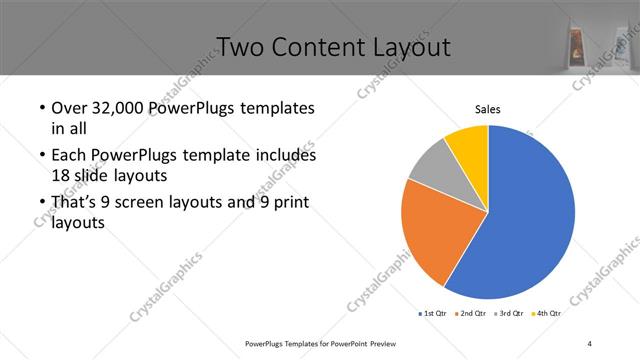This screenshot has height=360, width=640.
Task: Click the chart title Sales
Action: point(487,109)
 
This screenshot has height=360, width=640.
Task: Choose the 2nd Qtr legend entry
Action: point(474,314)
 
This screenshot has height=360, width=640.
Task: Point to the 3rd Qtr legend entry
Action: point(512,314)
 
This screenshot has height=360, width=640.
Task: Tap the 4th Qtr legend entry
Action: point(549,314)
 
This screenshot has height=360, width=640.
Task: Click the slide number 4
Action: point(590,343)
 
